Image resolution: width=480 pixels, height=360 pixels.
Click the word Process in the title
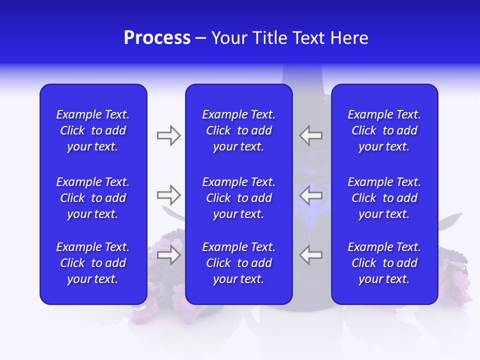pos(157,38)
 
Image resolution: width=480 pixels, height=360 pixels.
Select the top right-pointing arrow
pos(168,135)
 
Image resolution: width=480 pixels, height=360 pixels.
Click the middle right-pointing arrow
pos(168,195)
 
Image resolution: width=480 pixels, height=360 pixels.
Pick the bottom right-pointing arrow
pos(168,255)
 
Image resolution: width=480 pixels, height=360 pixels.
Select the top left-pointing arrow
pos(311,135)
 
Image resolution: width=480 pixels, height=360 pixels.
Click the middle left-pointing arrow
pos(311,195)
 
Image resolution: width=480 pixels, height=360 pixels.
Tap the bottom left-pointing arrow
pos(311,255)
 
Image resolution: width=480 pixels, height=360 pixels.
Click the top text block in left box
pos(93,130)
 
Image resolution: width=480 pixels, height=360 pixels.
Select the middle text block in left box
pos(93,198)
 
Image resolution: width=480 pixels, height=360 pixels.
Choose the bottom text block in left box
pos(93,263)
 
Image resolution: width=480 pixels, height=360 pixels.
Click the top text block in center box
pos(239,130)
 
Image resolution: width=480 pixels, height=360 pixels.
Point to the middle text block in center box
pos(239,198)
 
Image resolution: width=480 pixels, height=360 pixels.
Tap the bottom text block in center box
pos(239,263)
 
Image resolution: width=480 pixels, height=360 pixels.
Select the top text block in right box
pos(384,130)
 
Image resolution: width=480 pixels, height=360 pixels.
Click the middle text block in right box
pos(384,198)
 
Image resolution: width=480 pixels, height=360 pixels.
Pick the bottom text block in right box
pos(384,263)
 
